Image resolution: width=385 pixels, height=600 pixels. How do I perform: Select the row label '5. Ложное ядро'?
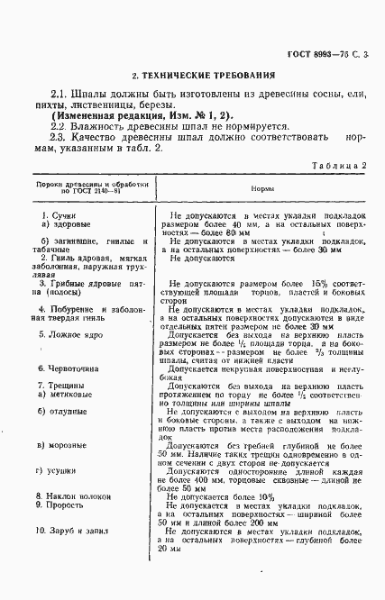point(66,333)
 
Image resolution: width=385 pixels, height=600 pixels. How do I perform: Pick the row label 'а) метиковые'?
point(65,395)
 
